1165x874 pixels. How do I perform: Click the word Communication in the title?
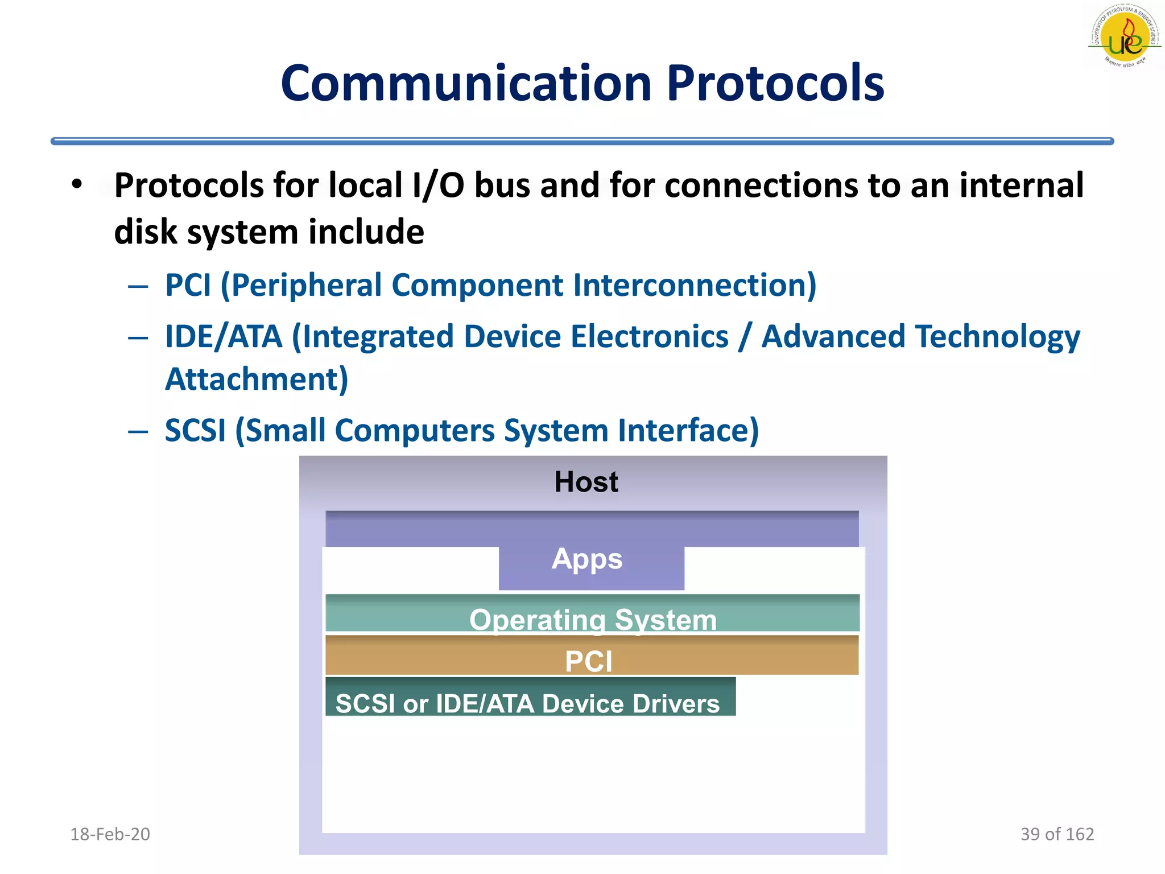point(465,84)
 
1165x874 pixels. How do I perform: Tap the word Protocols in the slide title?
point(775,84)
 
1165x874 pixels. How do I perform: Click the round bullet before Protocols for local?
point(77,184)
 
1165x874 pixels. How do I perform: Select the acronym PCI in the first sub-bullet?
point(188,285)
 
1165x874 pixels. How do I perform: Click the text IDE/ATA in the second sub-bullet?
point(224,336)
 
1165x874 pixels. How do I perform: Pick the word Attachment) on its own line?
point(257,380)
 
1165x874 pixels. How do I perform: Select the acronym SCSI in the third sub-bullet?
point(195,430)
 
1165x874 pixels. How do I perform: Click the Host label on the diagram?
point(586,482)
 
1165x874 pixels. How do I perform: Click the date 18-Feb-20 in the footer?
point(110,834)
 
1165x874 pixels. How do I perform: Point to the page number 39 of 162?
point(1057,834)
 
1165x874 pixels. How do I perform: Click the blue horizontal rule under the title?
point(581,141)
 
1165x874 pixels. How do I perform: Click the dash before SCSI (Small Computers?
point(138,431)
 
